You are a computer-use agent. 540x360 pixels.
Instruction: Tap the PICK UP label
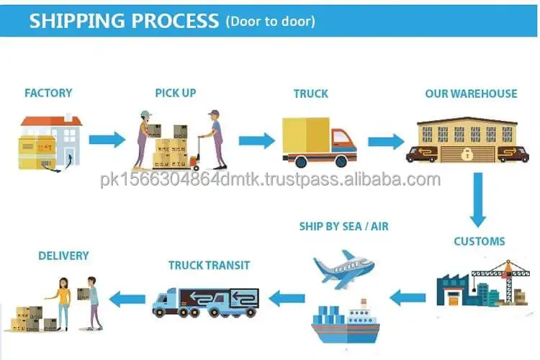[175, 93]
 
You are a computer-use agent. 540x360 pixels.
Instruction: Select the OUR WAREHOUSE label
[471, 94]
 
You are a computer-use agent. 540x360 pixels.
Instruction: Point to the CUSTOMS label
[479, 241]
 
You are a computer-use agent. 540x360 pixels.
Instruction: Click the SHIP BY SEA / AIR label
[344, 226]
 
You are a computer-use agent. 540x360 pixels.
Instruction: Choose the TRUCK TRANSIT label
[209, 265]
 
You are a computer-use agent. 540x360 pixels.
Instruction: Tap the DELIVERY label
[63, 256]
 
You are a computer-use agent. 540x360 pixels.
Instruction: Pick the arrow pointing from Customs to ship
[408, 295]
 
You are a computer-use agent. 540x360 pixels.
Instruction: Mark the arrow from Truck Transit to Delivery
[130, 296]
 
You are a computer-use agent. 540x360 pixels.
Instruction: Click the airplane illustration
[343, 269]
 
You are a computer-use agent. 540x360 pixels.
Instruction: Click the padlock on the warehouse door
[467, 153]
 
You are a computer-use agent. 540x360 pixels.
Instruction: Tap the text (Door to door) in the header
[270, 21]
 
